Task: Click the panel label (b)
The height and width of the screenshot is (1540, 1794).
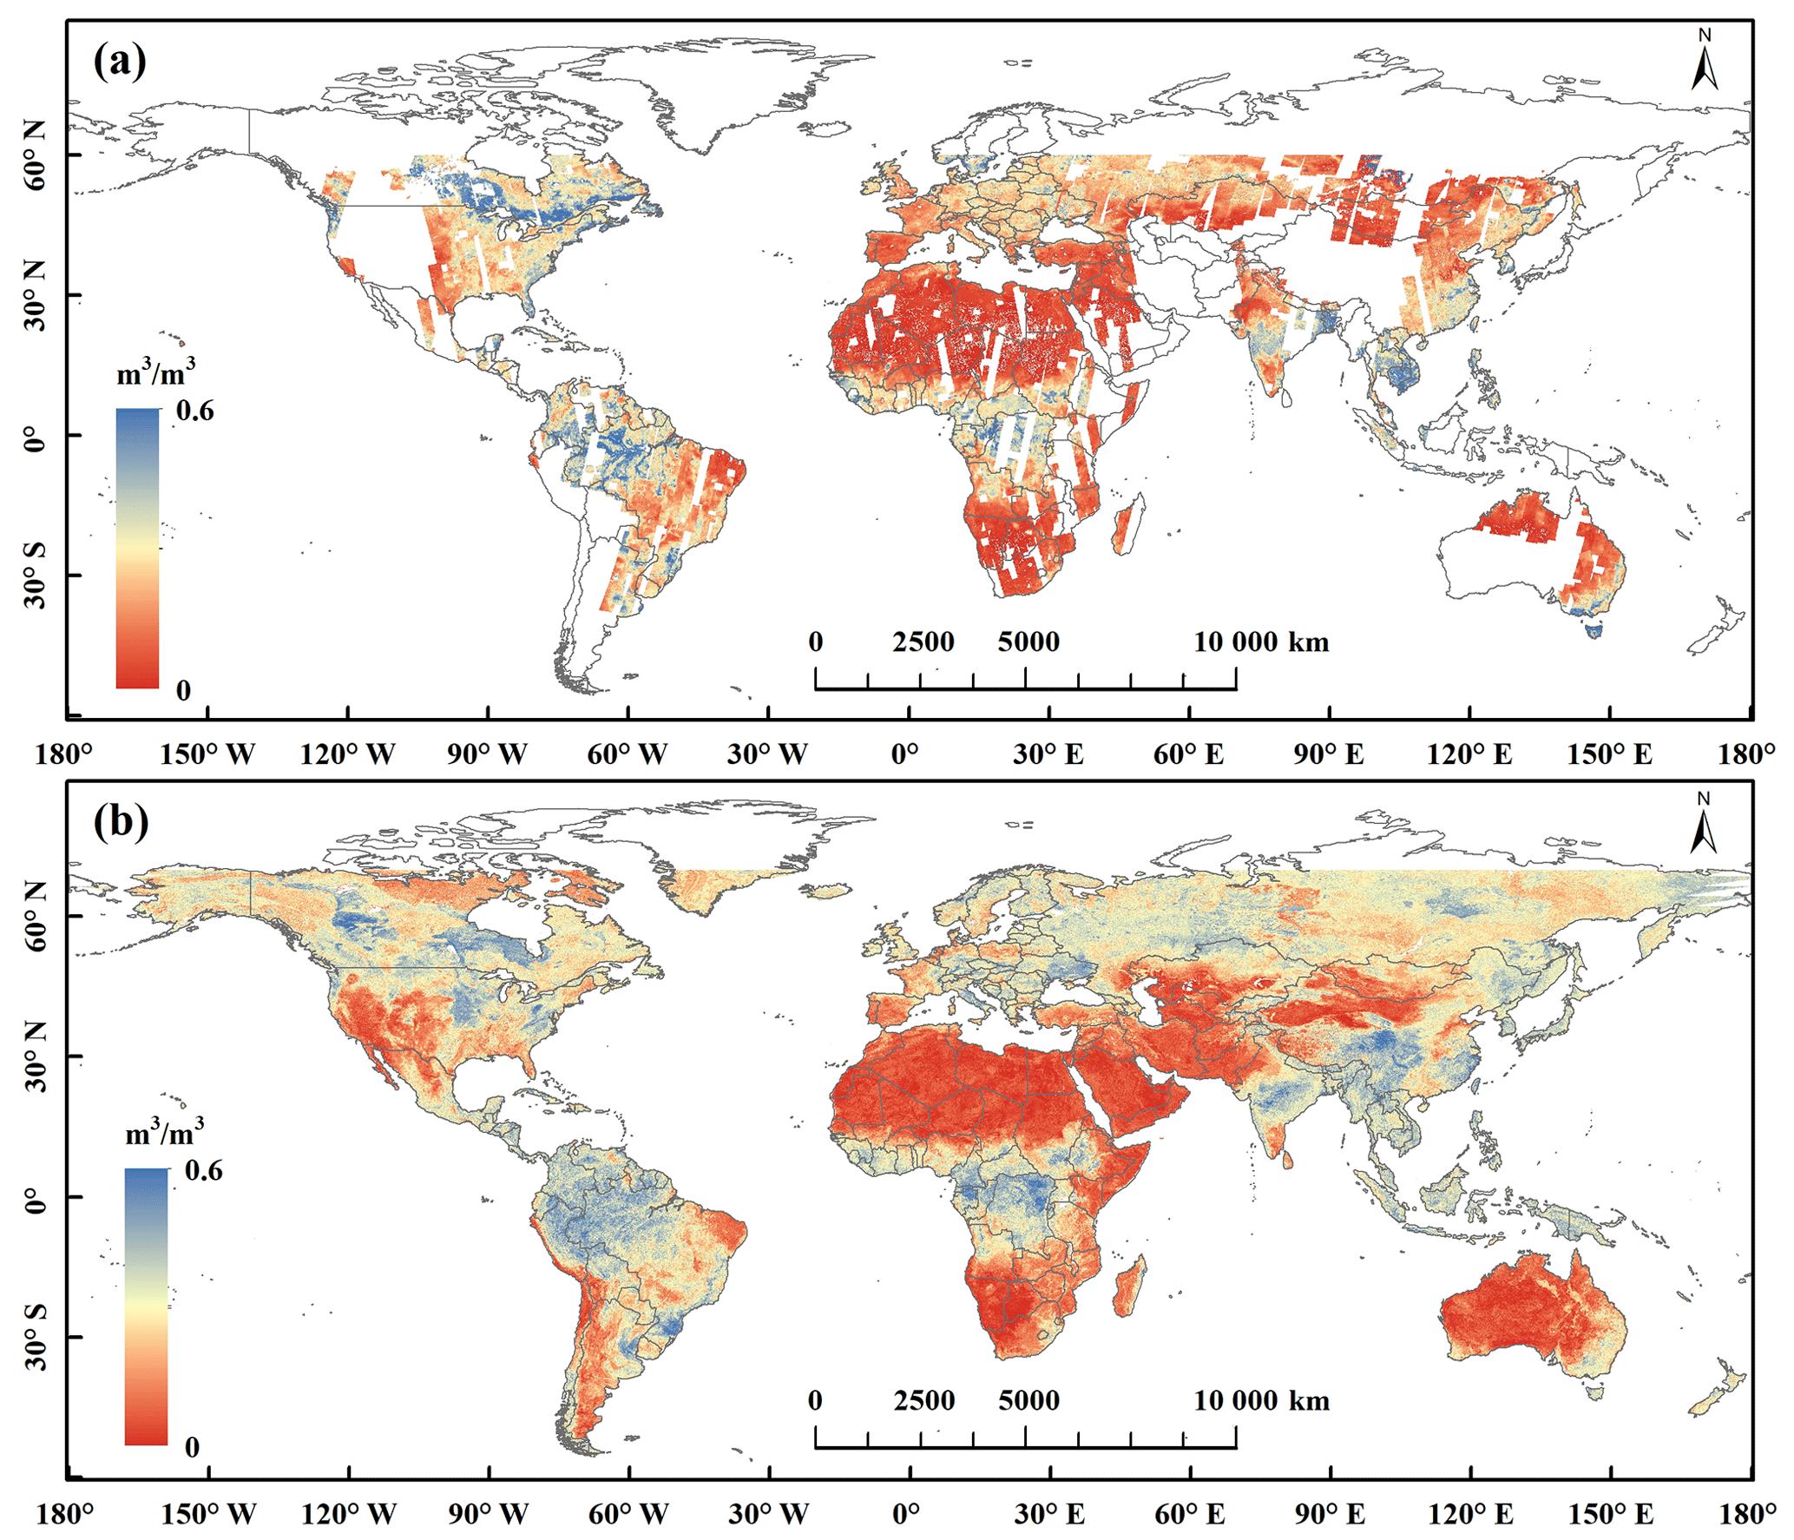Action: (x=121, y=820)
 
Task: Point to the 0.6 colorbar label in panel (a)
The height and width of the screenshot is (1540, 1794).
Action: (x=194, y=411)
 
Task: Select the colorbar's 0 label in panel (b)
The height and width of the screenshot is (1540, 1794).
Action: (x=192, y=1447)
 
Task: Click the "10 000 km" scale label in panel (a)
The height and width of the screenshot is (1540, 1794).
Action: (x=1261, y=642)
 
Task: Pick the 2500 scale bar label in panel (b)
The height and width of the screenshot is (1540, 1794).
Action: (x=924, y=1400)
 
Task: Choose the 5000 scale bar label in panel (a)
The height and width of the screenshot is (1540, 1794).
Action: (x=1028, y=642)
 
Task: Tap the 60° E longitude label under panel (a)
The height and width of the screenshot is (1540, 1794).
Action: (x=1188, y=754)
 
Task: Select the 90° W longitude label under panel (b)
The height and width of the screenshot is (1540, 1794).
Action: (x=488, y=1514)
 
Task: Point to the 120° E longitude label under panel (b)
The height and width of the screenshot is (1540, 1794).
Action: (x=1470, y=1514)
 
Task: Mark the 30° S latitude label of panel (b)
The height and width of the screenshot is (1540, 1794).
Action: (x=35, y=1337)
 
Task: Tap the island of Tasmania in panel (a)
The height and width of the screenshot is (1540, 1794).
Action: (x=1594, y=628)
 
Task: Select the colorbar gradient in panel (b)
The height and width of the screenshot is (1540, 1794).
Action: (x=146, y=1306)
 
